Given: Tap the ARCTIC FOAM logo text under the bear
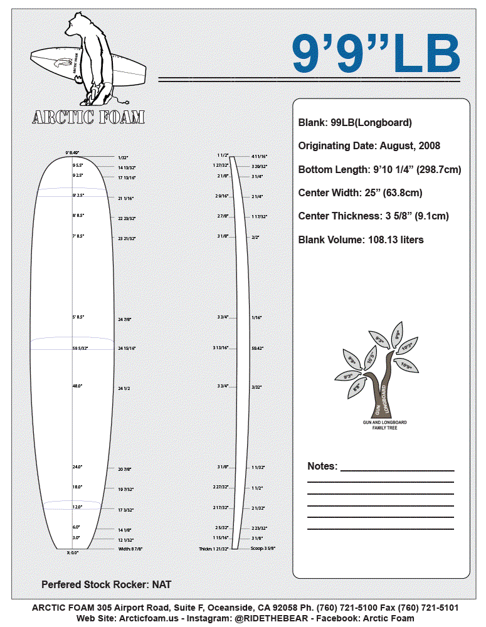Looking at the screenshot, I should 88,117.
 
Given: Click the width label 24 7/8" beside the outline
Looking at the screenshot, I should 125,320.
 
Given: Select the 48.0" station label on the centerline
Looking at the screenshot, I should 77,386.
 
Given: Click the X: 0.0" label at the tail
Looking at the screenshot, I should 73,552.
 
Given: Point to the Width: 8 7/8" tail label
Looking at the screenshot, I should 130,549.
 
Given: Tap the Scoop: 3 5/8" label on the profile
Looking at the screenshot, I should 263,549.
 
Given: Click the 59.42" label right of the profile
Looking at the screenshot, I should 257,347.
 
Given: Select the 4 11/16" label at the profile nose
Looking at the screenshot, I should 260,155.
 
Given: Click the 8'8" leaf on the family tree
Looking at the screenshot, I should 357,387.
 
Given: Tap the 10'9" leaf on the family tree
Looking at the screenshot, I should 406,366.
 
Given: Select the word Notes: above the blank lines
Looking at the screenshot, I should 322,466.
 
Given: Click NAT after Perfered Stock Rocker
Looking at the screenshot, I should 161,584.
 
